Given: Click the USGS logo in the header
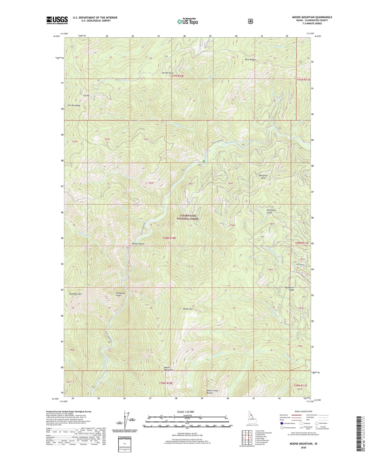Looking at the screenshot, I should point(57,20).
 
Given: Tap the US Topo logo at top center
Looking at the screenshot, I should point(187,21).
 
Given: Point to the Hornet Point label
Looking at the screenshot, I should point(167,73).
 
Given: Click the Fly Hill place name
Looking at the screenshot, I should point(86,96).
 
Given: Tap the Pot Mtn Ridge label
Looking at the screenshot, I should point(74,105).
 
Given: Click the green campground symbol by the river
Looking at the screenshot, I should point(204,161).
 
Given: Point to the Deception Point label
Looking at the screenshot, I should point(263,177).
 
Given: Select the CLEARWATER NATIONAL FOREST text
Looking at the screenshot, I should point(188,217).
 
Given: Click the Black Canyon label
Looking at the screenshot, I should point(138,244).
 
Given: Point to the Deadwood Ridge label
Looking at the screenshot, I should point(289,289).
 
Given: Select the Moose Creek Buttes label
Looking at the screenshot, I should point(212,392).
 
